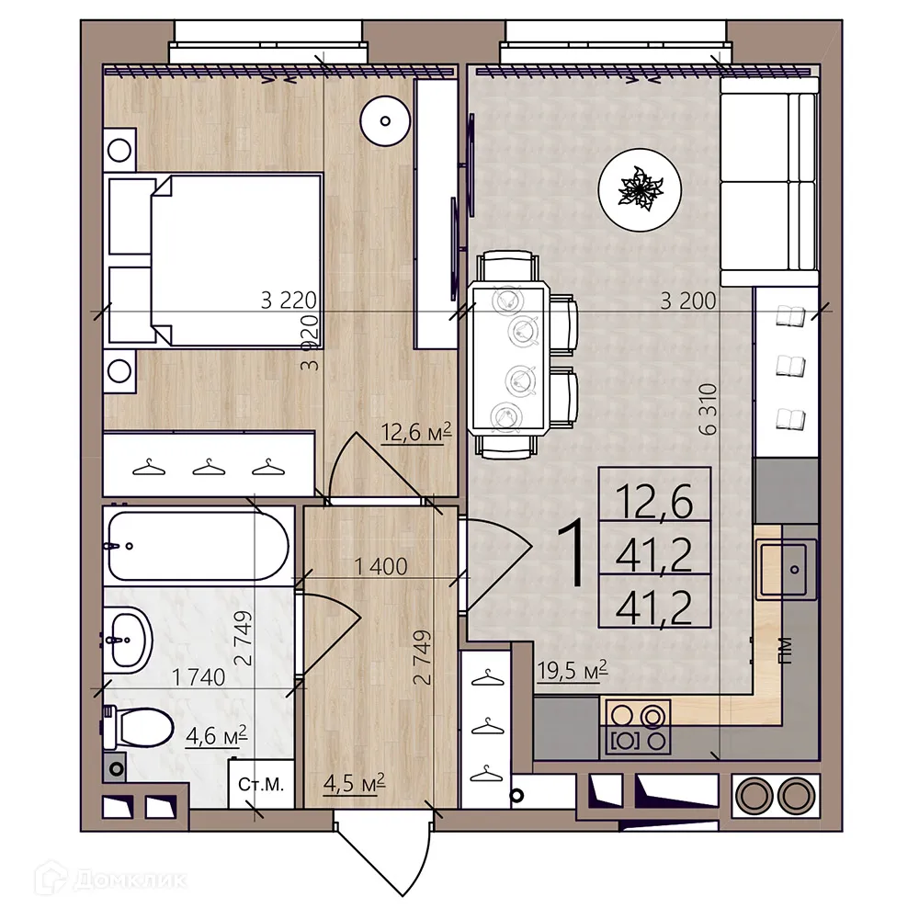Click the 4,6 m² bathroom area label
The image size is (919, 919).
(x=217, y=736)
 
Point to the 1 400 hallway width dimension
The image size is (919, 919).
(x=380, y=568)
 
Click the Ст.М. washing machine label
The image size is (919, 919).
(x=261, y=785)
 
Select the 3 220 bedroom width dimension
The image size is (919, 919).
(x=288, y=300)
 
